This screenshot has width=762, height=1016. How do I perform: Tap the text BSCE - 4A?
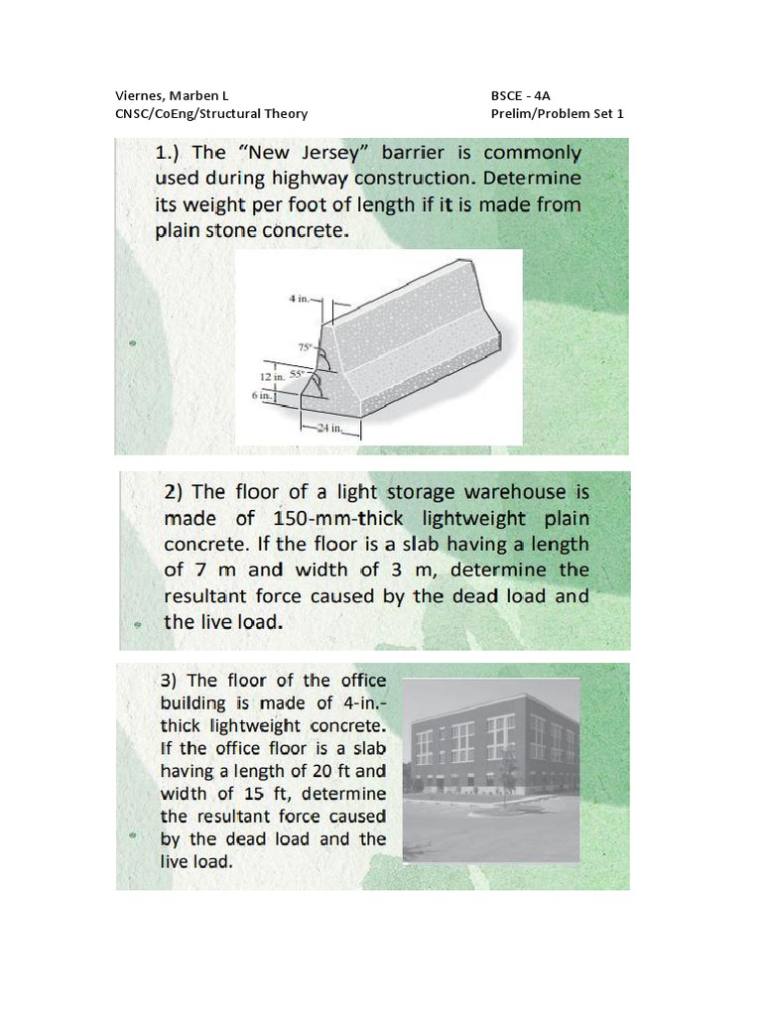[520, 96]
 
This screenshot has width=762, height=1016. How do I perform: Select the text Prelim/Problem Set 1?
[557, 114]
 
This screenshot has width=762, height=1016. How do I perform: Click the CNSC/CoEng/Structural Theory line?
[211, 114]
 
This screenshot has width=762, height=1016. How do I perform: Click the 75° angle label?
[305, 347]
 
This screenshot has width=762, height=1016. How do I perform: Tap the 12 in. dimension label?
[271, 378]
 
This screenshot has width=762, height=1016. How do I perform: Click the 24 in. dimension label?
[327, 430]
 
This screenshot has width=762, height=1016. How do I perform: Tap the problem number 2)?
[175, 492]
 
